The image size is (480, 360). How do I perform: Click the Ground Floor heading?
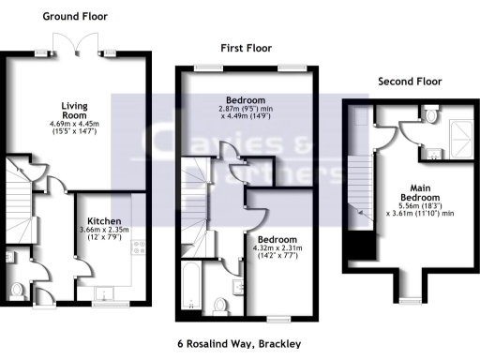click(75, 16)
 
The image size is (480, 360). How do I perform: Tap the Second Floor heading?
click(410, 82)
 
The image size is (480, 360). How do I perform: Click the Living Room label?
click(75, 111)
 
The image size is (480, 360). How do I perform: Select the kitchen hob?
click(140, 247)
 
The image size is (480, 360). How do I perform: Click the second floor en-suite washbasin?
click(432, 153)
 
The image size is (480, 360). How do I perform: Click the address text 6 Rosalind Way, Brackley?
click(240, 344)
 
